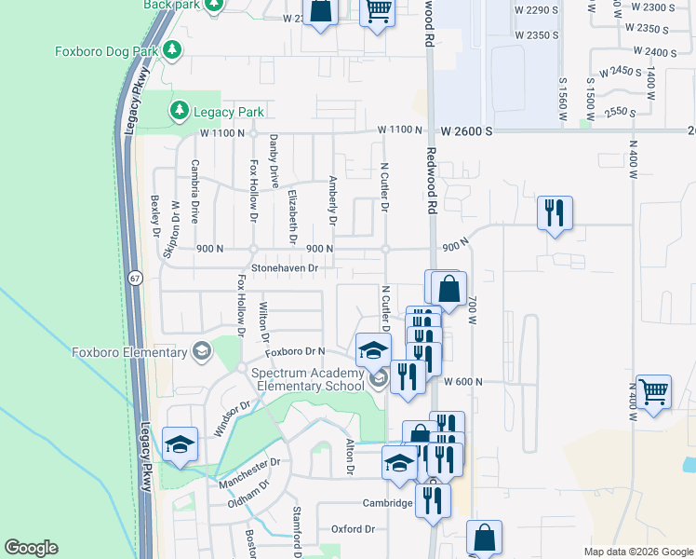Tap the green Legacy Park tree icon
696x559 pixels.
tap(179, 112)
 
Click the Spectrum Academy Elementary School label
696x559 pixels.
tap(309, 379)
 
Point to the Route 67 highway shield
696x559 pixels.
tap(136, 278)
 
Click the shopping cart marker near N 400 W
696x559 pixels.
tap(653, 391)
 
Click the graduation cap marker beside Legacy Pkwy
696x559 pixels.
tap(180, 443)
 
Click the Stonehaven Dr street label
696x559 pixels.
tap(279, 268)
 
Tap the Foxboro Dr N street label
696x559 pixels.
tap(294, 351)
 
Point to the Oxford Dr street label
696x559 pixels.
tap(353, 529)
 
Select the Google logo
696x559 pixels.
tap(31, 548)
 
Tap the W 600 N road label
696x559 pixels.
tap(466, 382)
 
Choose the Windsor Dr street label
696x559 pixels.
tap(233, 417)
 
